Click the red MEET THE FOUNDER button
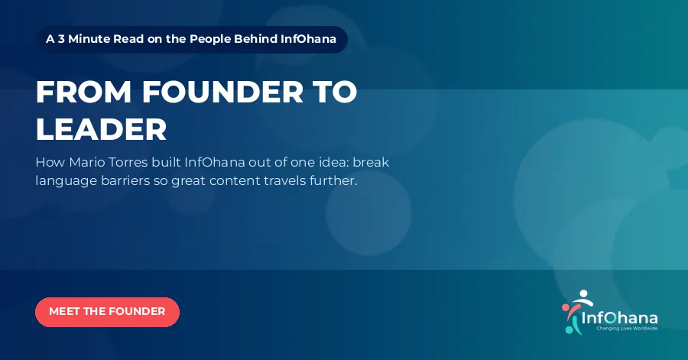pyautogui.click(x=107, y=312)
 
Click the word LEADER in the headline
pyautogui.click(x=102, y=129)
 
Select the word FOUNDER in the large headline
pyautogui.click(x=222, y=92)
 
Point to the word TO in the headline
pyautogui.click(x=335, y=92)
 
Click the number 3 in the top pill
pyautogui.click(x=61, y=39)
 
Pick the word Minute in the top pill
pyautogui.click(x=89, y=39)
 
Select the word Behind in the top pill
pyautogui.click(x=255, y=39)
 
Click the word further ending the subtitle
pyautogui.click(x=333, y=180)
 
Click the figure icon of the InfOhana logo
pyautogui.click(x=576, y=312)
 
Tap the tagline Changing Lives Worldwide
pyautogui.click(x=627, y=329)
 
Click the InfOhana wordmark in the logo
pyautogui.click(x=619, y=318)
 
